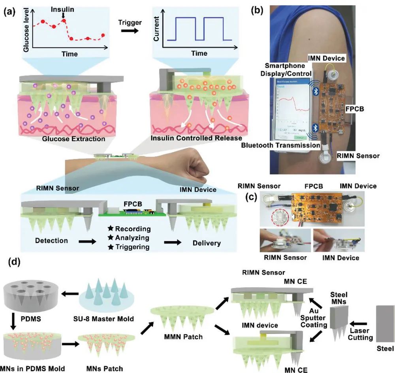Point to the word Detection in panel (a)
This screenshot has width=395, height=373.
[x=51, y=240]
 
